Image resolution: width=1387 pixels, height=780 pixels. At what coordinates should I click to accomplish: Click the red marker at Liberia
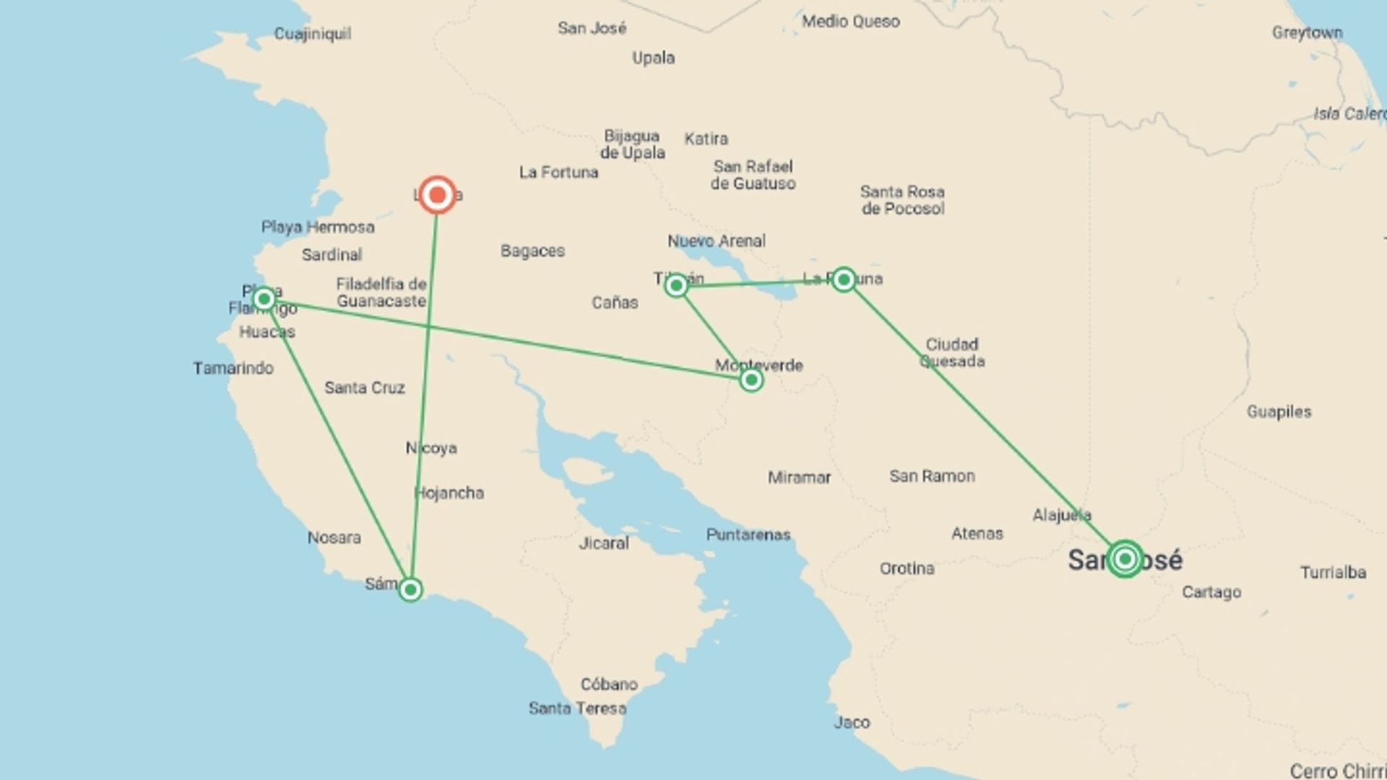(437, 195)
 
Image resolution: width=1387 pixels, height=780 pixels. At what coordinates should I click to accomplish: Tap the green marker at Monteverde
(751, 380)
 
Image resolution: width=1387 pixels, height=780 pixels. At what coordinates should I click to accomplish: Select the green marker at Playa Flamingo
(264, 298)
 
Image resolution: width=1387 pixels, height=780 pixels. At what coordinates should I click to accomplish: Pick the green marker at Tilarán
(676, 286)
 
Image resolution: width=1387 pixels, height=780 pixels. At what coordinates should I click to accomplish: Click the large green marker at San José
(1124, 558)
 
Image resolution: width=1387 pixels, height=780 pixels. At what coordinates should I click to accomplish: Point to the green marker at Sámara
(410, 590)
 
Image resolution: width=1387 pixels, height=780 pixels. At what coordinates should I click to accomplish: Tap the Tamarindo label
(233, 368)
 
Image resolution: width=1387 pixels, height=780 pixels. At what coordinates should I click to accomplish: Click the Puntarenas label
(748, 535)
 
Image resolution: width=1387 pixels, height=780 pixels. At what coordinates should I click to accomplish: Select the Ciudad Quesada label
(952, 352)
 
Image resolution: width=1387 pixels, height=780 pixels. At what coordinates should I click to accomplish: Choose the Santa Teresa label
(577, 708)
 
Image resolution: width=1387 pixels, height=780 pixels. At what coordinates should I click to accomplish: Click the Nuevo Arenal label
(717, 241)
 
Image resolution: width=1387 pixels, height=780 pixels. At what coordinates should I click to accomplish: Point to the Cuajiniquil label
(313, 34)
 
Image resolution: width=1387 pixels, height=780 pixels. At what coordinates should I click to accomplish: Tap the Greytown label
(1307, 33)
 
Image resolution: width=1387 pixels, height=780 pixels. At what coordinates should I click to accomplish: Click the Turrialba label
(1333, 573)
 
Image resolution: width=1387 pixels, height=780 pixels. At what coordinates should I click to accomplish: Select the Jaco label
(852, 722)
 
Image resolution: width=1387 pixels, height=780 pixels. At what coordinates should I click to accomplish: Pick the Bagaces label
(532, 251)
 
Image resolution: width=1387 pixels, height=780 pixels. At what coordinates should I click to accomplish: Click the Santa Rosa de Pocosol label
(902, 200)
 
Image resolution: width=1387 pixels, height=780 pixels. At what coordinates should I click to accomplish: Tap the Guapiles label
(1279, 412)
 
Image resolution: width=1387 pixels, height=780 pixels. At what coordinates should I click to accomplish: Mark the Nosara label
(334, 538)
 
